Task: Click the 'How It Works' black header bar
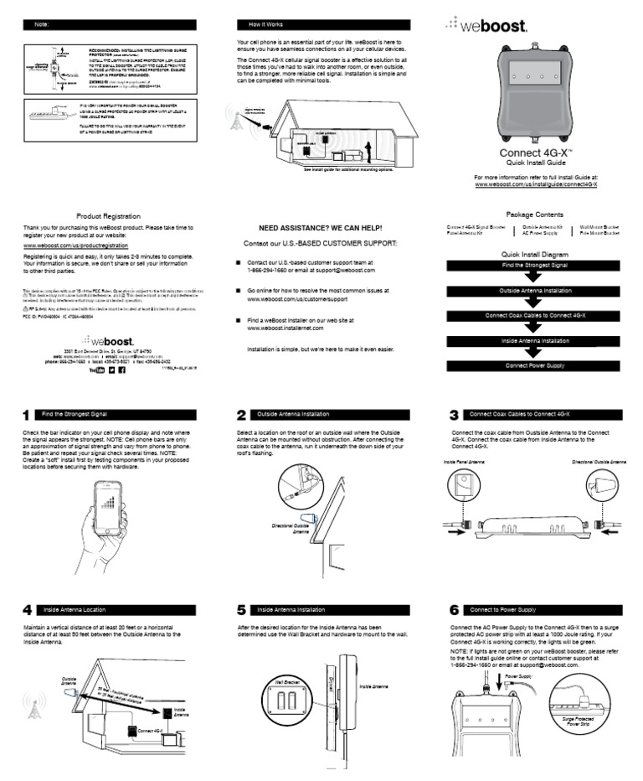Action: tap(323, 24)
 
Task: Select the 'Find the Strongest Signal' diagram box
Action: tap(535, 265)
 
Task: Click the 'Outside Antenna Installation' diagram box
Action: tap(535, 290)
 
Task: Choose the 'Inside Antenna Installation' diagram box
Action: tap(535, 340)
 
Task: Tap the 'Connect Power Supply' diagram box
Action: tap(535, 365)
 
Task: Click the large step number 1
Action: tap(27, 415)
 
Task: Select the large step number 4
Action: tap(27, 609)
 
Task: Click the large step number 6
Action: tap(455, 609)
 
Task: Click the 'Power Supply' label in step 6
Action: tap(518, 675)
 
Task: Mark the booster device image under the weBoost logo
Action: tap(535, 93)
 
